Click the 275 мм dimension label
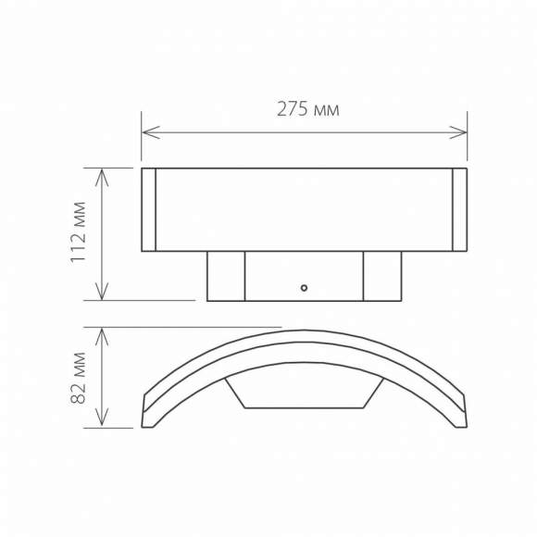(308, 109)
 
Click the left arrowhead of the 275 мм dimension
(146, 132)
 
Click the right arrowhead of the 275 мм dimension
(462, 132)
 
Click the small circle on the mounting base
(303, 288)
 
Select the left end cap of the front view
(148, 209)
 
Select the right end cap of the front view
(459, 209)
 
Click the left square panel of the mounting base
(225, 276)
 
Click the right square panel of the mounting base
(381, 276)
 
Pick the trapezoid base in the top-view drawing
(304, 393)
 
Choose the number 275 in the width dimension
(294, 109)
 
